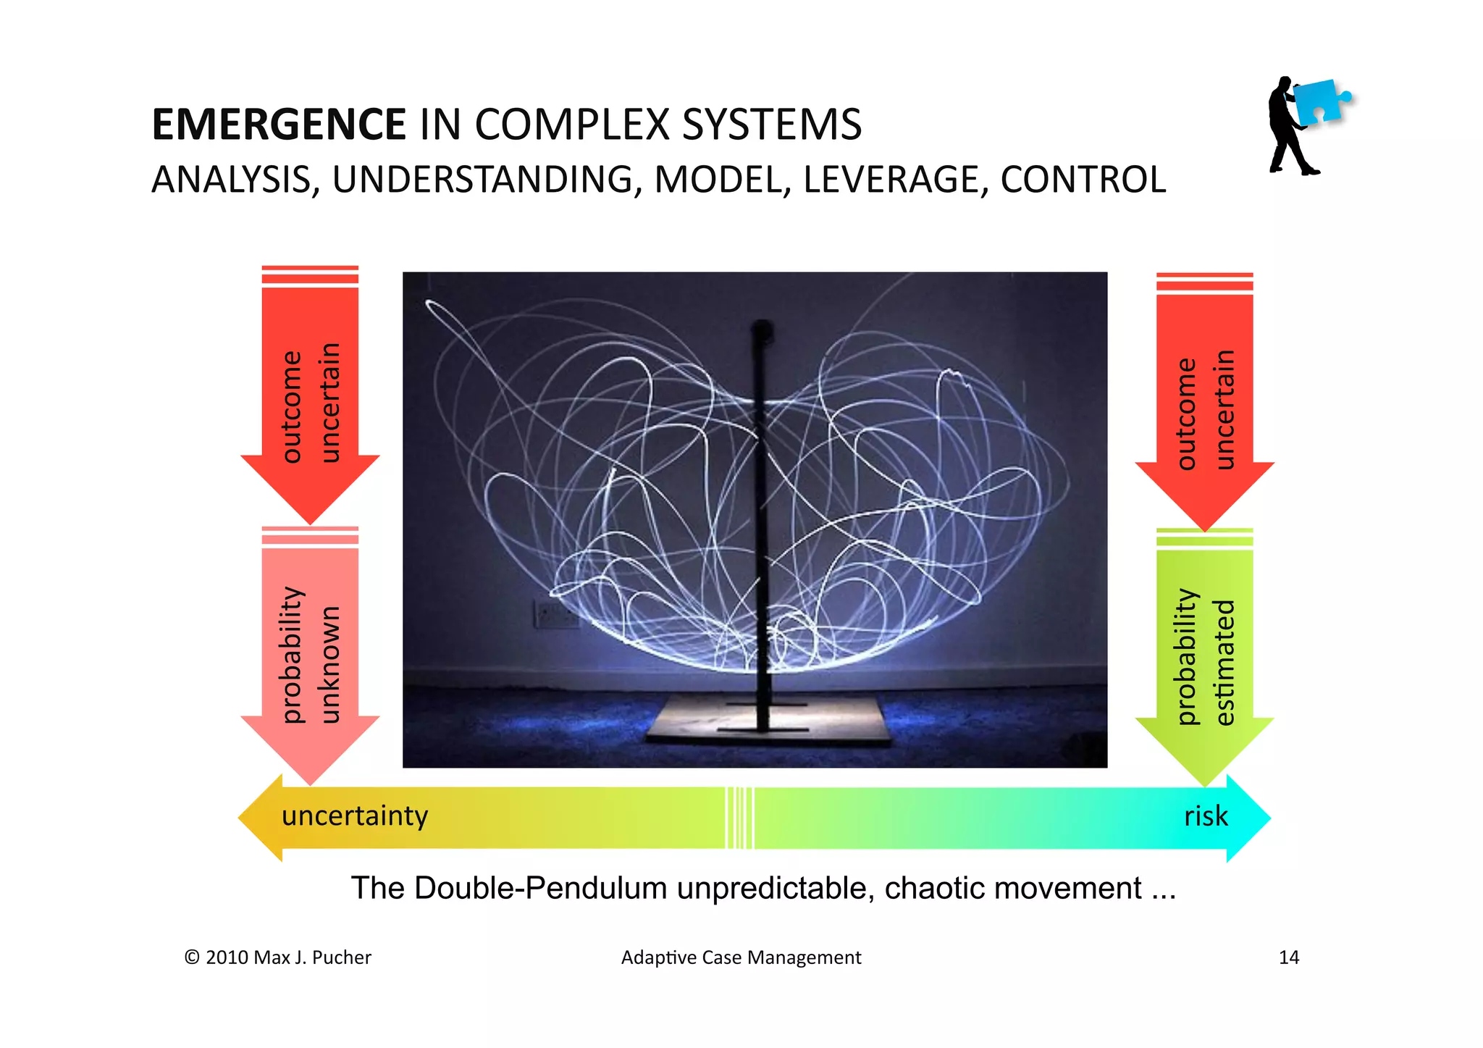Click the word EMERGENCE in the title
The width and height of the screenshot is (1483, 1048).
coord(278,125)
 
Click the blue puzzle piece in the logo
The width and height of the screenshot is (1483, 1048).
coord(1320,101)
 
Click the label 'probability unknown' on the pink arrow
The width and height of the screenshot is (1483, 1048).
coord(310,655)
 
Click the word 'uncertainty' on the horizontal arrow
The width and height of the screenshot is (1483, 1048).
coord(355,816)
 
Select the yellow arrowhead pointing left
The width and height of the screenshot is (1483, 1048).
coord(261,818)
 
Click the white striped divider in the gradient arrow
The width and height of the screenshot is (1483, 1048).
coord(739,818)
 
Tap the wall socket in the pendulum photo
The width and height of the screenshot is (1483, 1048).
coord(554,614)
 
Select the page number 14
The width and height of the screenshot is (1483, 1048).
coord(1288,957)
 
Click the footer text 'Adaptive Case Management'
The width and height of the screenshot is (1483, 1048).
coord(741,957)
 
